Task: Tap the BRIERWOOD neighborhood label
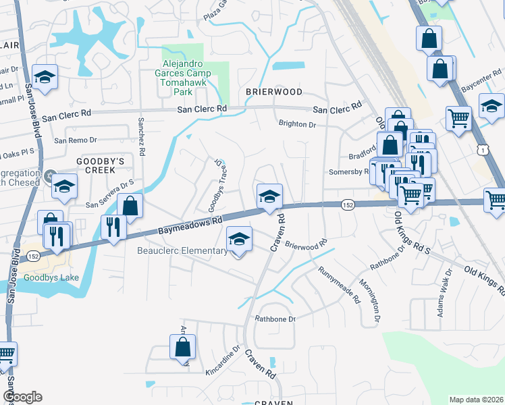pos(273,91)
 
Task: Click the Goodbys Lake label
pos(51,277)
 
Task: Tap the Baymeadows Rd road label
pos(190,226)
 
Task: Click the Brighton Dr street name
pos(297,124)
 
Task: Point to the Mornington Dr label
pos(370,299)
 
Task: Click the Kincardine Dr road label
pos(222,363)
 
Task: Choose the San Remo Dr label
pos(76,140)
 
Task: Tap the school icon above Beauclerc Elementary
pos(238,240)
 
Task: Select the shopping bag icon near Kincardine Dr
pos(182,348)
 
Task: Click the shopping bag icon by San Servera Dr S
pos(130,207)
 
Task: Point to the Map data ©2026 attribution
pos(476,400)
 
